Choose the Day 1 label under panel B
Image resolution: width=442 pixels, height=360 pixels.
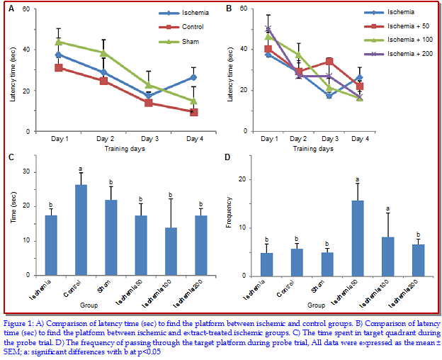click(268, 139)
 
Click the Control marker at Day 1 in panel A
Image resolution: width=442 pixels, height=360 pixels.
click(59, 67)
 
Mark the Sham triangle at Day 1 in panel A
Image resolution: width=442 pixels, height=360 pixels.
click(59, 42)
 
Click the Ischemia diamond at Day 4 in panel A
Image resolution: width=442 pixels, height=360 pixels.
click(193, 77)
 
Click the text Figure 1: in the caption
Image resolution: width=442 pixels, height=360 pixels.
click(21, 322)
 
